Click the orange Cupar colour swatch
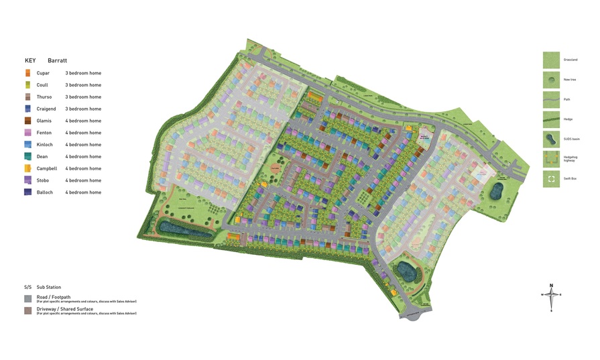point(27,72)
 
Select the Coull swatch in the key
point(27,84)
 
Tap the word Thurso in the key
point(44,97)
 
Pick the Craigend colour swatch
point(27,109)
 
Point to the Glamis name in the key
point(44,121)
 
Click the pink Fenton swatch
point(27,133)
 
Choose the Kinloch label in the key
point(45,145)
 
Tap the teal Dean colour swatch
point(27,156)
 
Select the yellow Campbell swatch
point(27,168)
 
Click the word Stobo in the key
point(44,180)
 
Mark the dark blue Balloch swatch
point(27,192)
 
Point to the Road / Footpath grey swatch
point(27,298)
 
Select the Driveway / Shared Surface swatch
point(27,310)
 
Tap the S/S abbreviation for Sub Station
point(27,286)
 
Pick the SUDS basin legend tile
point(551,139)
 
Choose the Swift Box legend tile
point(551,179)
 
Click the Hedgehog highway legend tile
point(551,160)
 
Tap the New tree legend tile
point(551,80)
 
